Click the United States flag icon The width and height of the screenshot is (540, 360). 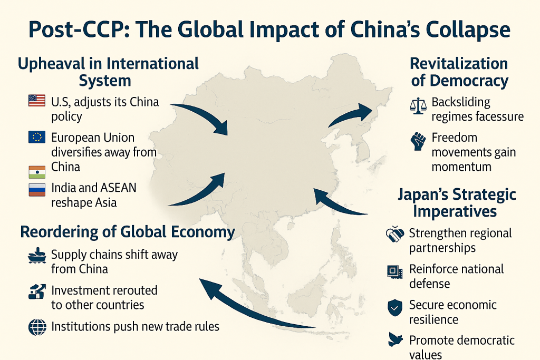click(37, 100)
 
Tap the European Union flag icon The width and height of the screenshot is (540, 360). click(37, 137)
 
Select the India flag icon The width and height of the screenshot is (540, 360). click(37, 172)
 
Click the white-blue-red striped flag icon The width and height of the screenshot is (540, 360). click(37, 189)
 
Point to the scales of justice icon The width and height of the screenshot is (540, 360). click(418, 105)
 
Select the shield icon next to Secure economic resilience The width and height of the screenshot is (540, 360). click(394, 308)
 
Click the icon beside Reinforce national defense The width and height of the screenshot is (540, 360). click(394, 271)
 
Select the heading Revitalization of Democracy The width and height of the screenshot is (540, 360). click(459, 72)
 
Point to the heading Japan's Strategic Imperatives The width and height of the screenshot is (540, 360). click(457, 203)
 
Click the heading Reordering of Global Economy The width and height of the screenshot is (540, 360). click(127, 232)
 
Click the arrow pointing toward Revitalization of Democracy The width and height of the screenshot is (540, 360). click(350, 115)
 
